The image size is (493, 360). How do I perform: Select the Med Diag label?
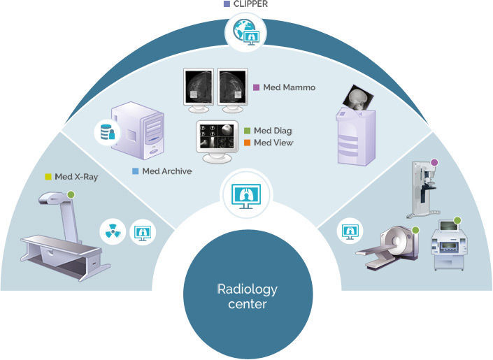click(272, 131)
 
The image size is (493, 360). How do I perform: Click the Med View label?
click(273, 143)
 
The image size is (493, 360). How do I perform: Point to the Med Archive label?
click(166, 171)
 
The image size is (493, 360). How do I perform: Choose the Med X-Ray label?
click(76, 177)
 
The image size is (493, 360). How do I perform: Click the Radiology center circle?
click(247, 296)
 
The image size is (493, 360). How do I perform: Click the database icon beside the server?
click(108, 131)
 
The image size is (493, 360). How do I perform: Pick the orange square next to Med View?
click(247, 143)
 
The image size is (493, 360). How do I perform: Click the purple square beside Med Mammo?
click(256, 88)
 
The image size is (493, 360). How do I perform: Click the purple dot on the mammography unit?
click(435, 163)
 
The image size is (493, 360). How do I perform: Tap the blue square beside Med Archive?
click(135, 171)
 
